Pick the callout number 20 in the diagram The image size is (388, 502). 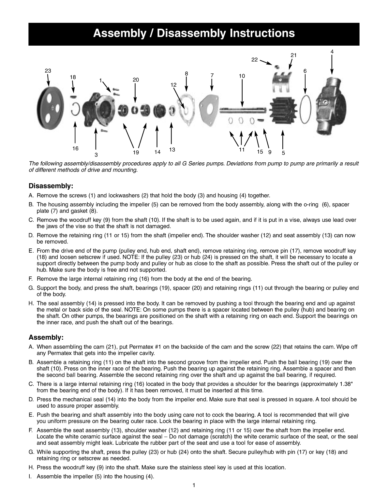136,80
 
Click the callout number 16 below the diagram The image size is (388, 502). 75,149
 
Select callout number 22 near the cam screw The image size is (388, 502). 255,60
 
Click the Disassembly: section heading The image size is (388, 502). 51,186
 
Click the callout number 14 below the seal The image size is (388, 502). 157,152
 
